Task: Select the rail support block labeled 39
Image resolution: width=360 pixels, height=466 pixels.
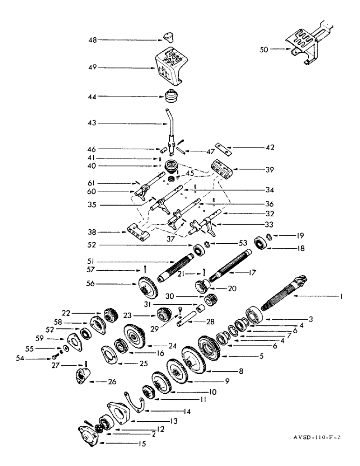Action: pos(222,168)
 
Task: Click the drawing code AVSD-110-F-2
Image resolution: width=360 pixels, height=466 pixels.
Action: pos(323,438)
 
